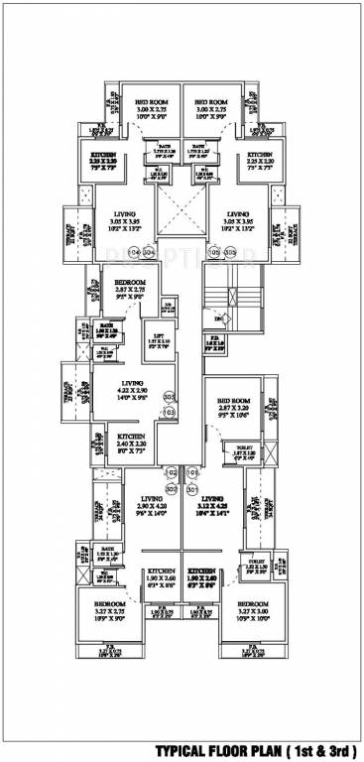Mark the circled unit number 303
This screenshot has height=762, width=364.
tap(169, 396)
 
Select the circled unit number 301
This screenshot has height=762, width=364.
tap(191, 488)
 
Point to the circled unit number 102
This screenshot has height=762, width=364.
tap(171, 471)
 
